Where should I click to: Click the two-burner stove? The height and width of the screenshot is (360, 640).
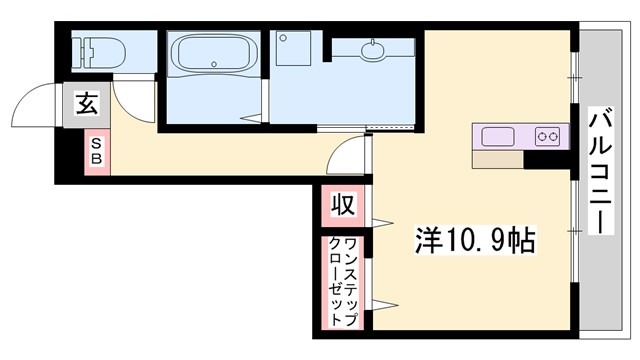[x=546, y=136]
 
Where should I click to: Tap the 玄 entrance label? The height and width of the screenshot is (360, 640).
[x=84, y=103]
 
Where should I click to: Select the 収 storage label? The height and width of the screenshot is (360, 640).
[x=342, y=206]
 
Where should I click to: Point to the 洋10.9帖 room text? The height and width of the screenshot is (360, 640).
[x=475, y=239]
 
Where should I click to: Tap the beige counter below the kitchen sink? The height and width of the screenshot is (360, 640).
[x=497, y=158]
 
